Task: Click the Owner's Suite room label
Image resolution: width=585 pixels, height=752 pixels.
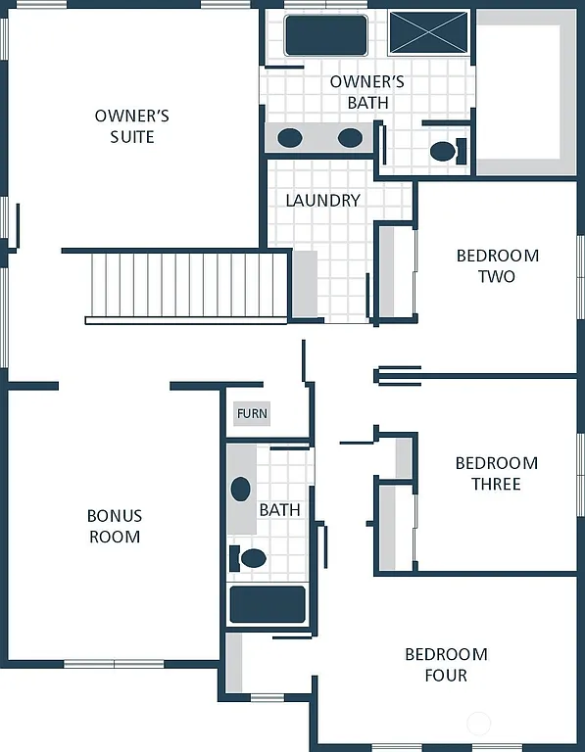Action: (x=132, y=126)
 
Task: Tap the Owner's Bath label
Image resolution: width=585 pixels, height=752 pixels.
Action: (x=366, y=91)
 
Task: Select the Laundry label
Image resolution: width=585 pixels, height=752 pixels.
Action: (x=322, y=200)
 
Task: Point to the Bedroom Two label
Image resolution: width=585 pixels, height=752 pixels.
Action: (x=497, y=265)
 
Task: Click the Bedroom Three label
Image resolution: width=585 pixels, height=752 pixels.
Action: (x=496, y=473)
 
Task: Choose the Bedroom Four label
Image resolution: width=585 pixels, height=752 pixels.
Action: (x=446, y=664)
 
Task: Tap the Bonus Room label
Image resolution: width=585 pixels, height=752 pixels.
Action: (x=115, y=526)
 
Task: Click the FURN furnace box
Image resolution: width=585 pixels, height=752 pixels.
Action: (x=252, y=414)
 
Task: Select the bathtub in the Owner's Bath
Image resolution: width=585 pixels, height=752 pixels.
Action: (x=325, y=35)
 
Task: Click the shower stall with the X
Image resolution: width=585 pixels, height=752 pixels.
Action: (x=427, y=33)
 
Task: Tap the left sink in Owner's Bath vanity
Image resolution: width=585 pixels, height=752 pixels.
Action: (x=289, y=137)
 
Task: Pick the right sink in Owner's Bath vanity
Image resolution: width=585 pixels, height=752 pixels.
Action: (x=350, y=137)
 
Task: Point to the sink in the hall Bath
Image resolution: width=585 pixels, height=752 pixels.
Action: (x=241, y=489)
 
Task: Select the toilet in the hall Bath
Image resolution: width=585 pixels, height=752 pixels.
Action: (x=251, y=558)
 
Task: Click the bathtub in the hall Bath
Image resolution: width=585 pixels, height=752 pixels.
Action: (x=268, y=604)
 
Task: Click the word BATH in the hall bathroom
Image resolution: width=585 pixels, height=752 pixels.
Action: (x=279, y=510)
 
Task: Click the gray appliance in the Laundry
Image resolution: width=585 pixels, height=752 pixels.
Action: (x=305, y=284)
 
